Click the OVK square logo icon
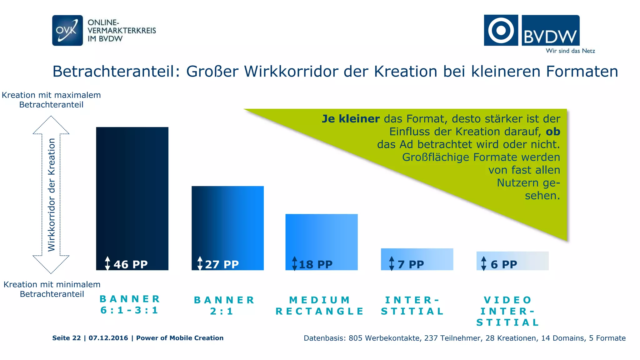coord(67,30)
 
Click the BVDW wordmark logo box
coord(550,30)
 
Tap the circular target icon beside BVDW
coord(501,30)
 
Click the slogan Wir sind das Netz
coord(570,51)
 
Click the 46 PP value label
coord(130,264)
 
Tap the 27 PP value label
coord(222,264)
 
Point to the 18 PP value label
coord(316,264)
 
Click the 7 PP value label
coord(411,264)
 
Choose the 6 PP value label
coord(504,264)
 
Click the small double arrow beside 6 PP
coord(484,263)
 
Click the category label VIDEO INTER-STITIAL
coord(507,311)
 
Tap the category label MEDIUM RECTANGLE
coord(320,306)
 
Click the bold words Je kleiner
coord(351,119)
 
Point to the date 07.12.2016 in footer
coord(108,338)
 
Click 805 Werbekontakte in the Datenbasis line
coord(384,338)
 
